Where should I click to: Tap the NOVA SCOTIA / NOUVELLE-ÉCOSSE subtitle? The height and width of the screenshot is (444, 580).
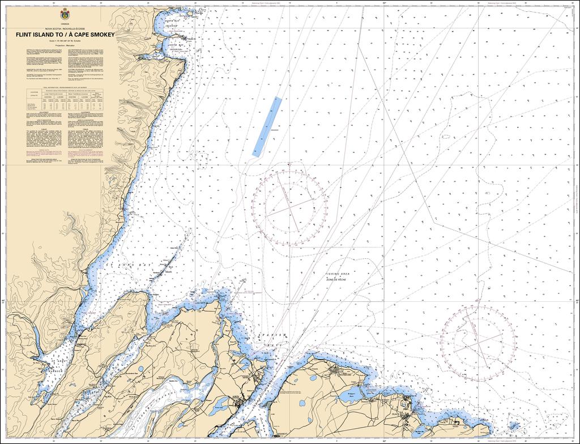[x=64, y=28]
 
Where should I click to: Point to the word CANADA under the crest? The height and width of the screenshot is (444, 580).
[x=65, y=23]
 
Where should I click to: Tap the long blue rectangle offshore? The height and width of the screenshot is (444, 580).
[x=267, y=126]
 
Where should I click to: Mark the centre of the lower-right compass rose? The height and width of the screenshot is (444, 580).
[x=478, y=343]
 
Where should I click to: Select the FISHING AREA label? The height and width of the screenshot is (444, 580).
[x=337, y=274]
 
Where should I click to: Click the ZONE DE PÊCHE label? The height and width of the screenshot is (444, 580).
[x=337, y=279]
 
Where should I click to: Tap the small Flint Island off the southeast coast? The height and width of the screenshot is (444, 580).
[x=514, y=425]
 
